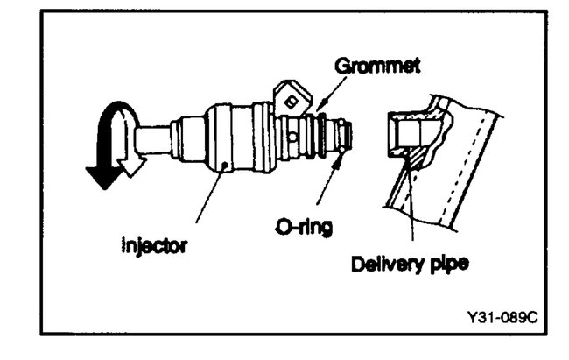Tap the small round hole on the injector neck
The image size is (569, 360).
point(292,138)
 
